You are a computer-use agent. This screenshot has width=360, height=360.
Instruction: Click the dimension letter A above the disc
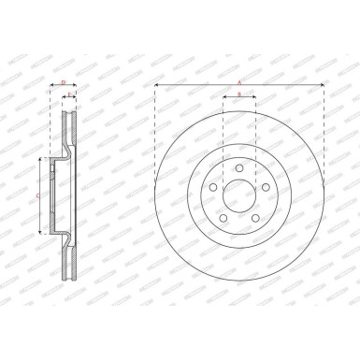click(x=239, y=82)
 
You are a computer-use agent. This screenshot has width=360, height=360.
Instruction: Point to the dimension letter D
click(x=63, y=82)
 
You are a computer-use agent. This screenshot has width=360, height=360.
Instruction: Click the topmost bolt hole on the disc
click(x=239, y=168)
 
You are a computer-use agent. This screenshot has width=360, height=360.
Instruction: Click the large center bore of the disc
click(x=239, y=197)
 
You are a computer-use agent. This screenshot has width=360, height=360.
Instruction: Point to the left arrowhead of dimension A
click(x=157, y=86)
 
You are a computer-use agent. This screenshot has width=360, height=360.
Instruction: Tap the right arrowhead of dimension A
click(x=323, y=86)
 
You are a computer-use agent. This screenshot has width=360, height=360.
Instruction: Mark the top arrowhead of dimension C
click(x=40, y=161)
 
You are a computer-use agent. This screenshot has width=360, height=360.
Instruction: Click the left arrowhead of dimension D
click(x=50, y=87)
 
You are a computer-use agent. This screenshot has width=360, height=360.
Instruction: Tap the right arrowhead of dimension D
click(x=77, y=87)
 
